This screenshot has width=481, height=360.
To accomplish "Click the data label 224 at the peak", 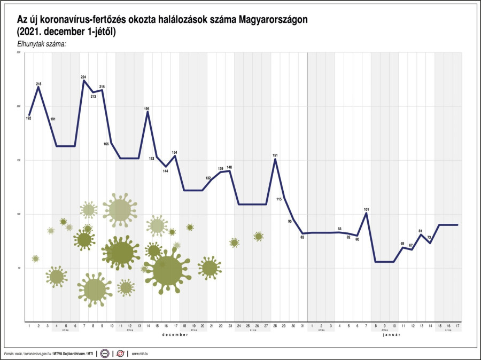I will click(x=83, y=77).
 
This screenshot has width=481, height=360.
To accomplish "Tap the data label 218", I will click(x=38, y=84).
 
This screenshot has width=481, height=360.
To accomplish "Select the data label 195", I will click(x=146, y=108).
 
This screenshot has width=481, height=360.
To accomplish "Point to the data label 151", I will click(x=275, y=155).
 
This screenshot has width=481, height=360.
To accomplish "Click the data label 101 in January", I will click(x=367, y=209).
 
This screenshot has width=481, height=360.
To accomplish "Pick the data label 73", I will click(x=430, y=238).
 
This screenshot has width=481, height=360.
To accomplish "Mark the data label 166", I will click(x=106, y=144).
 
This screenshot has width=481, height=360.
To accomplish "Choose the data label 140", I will click(x=229, y=167).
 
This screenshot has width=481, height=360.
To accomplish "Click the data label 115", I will click(x=279, y=199).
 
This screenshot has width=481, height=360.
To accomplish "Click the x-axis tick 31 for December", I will click(x=302, y=325).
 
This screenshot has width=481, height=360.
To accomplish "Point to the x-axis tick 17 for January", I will click(x=457, y=325).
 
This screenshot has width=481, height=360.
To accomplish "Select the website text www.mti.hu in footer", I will click(x=139, y=354).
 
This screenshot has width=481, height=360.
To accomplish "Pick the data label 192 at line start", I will click(x=28, y=118).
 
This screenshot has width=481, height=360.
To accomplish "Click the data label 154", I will click(x=174, y=153).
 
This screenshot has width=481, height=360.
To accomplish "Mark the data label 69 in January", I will click(x=402, y=243).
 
